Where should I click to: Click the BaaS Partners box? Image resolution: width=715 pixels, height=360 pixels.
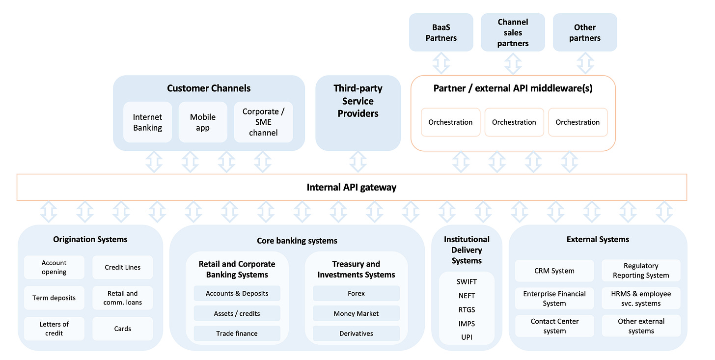coord(441,32)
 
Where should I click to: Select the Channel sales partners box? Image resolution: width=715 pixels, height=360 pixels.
coord(513,32)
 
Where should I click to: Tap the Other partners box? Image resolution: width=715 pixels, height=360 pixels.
coord(585,32)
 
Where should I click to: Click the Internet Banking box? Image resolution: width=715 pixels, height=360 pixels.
coord(147,122)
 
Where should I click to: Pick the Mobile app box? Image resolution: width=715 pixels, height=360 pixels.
coord(203,122)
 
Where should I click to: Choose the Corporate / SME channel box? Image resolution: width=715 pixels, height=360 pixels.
coord(263,122)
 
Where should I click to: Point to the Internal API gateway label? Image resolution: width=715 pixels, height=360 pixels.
coord(352,187)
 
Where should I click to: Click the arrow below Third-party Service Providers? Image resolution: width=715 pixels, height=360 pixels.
coord(358,162)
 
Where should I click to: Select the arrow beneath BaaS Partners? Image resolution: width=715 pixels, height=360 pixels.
coord(441,63)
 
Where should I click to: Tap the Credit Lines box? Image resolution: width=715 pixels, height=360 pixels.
coord(123,267)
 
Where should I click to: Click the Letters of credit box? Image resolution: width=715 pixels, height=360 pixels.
coord(54,329)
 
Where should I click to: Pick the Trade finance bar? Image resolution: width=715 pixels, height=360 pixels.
coord(237,333)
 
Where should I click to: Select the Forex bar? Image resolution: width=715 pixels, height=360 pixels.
coord(356,293)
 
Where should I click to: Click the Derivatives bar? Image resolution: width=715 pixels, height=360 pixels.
coord(356,333)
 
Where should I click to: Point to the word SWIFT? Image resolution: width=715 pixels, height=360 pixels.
coord(467,282)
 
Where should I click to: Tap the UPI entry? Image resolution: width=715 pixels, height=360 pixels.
coord(467,337)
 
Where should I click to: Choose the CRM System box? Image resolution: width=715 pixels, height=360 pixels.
coord(554,271)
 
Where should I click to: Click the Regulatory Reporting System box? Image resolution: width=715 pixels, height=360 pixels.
coord(641,271)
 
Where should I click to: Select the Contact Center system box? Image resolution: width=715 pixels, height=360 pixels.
coord(554,326)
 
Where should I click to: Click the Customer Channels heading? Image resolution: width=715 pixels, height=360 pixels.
coord(209,88)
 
